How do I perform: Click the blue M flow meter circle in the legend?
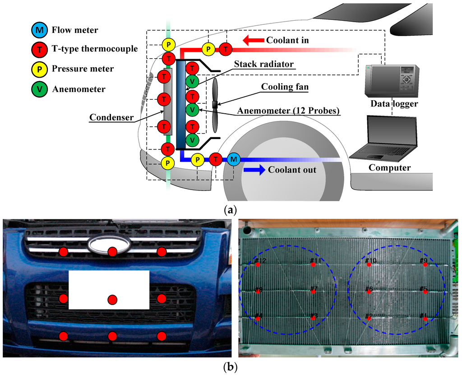coord(39,31)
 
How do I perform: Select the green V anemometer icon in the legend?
coord(39,89)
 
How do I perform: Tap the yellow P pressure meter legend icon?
coord(39,69)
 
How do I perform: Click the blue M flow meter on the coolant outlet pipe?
coord(233,159)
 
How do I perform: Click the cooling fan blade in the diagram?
coord(215,103)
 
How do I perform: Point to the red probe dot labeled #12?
coord(258,265)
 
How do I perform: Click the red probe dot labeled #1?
coord(425,319)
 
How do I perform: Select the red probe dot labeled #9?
coord(425,265)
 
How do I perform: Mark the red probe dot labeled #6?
coord(369,292)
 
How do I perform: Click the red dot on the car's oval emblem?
coord(112,251)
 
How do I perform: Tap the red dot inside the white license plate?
coord(112,299)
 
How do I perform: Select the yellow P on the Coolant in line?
coord(208,49)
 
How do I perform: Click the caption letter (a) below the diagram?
coord(230,210)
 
